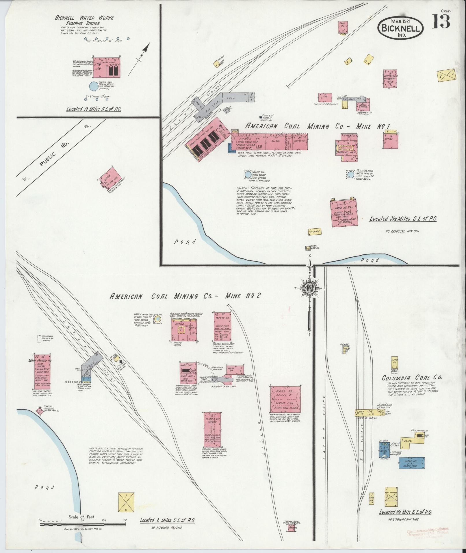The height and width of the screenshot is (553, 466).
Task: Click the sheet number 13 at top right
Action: point(441,22)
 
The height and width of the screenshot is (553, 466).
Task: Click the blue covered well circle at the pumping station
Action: point(93,86)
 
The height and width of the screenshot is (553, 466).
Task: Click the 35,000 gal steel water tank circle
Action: point(248,175)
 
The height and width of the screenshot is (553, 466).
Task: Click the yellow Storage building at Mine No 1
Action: point(315,231)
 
